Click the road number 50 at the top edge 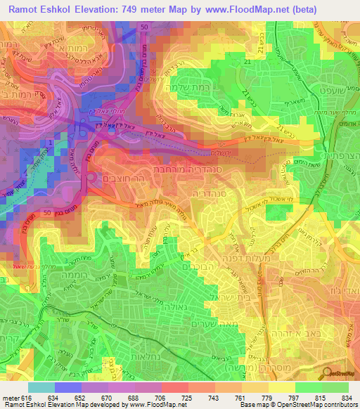143,26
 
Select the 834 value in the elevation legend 345,398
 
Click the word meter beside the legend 11,398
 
